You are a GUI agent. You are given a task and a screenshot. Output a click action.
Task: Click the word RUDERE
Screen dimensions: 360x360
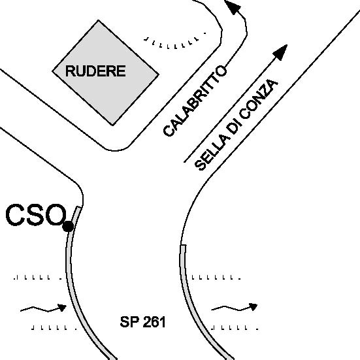tap(95, 71)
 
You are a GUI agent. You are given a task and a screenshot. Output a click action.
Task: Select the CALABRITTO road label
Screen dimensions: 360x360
tap(195, 101)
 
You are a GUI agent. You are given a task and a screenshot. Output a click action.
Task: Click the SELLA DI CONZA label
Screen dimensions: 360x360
tap(237, 125)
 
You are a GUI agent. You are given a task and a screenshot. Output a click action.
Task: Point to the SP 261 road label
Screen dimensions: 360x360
tap(142, 322)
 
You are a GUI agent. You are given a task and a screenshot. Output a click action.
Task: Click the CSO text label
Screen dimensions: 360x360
tap(35, 215)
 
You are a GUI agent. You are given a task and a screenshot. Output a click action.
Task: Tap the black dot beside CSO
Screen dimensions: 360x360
tap(68, 227)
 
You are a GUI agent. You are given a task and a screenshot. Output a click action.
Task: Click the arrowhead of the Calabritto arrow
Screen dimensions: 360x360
tap(233, 7)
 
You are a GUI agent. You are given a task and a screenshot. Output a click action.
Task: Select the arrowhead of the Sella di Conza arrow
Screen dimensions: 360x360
tap(280, 52)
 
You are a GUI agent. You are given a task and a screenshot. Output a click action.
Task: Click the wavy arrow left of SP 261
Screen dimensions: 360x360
tap(43, 309)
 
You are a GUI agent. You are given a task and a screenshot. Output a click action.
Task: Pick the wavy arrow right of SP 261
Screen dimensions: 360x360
tap(234, 308)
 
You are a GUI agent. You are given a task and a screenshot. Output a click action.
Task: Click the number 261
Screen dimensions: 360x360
tap(154, 322)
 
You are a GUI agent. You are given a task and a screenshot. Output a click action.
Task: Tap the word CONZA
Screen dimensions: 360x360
tap(259, 99)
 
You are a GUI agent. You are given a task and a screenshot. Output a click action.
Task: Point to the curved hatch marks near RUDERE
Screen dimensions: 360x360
tap(175, 42)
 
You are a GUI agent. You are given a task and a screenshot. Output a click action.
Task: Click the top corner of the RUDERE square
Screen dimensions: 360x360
tap(99, 20)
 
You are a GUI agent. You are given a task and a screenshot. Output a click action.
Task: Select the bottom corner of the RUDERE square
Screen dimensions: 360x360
tap(112, 125)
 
